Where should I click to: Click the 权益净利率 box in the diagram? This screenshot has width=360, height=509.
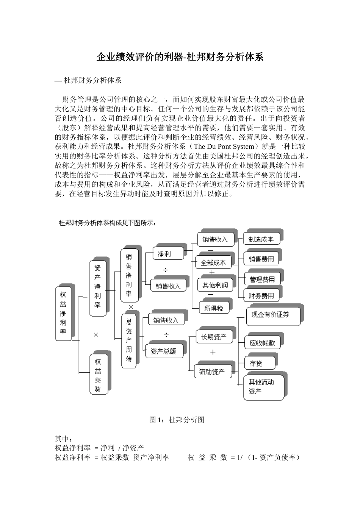tap(63, 313)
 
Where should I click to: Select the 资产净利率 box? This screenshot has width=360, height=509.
tap(98, 288)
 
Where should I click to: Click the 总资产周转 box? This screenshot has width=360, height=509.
tap(129, 340)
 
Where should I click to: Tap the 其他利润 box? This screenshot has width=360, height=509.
tap(215, 285)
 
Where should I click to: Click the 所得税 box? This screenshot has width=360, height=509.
tap(214, 308)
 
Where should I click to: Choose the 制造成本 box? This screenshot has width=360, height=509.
tap(261, 239)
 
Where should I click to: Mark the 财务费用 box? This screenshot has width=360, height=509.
tap(261, 296)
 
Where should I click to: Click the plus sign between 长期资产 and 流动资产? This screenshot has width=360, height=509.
tap(213, 352)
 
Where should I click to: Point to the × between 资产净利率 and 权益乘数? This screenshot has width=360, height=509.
tap(96, 335)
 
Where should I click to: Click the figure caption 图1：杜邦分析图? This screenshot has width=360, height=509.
tap(177, 420)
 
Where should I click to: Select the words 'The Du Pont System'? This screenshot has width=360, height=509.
tap(224, 146)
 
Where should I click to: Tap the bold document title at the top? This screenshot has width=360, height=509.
tap(180, 57)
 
